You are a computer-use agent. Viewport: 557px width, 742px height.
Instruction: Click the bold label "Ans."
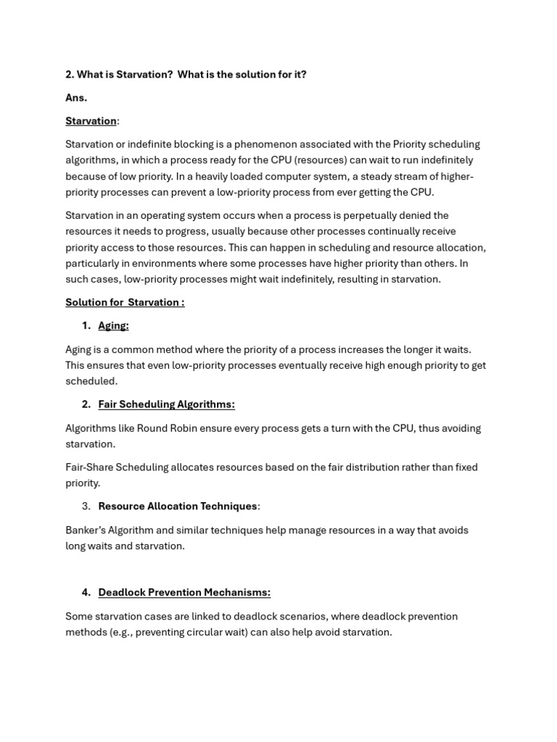coord(76,97)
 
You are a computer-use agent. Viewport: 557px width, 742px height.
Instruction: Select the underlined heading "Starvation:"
coord(91,121)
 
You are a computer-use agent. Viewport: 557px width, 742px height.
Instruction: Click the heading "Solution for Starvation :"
coord(125,302)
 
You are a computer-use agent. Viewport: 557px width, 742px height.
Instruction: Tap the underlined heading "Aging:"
coord(113,325)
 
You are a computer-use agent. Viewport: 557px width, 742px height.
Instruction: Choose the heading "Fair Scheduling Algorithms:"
coord(166,404)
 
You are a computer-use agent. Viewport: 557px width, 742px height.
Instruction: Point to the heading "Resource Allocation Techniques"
coord(178,506)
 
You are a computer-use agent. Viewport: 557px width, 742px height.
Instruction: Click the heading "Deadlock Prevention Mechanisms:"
coord(184,592)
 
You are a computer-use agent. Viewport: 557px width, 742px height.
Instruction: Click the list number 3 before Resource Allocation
coord(86,506)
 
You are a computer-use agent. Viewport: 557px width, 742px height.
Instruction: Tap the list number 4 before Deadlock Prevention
coord(86,592)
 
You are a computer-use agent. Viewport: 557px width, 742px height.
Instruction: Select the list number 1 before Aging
coord(86,325)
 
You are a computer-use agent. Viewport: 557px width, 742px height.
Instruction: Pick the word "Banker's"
coord(86,530)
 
